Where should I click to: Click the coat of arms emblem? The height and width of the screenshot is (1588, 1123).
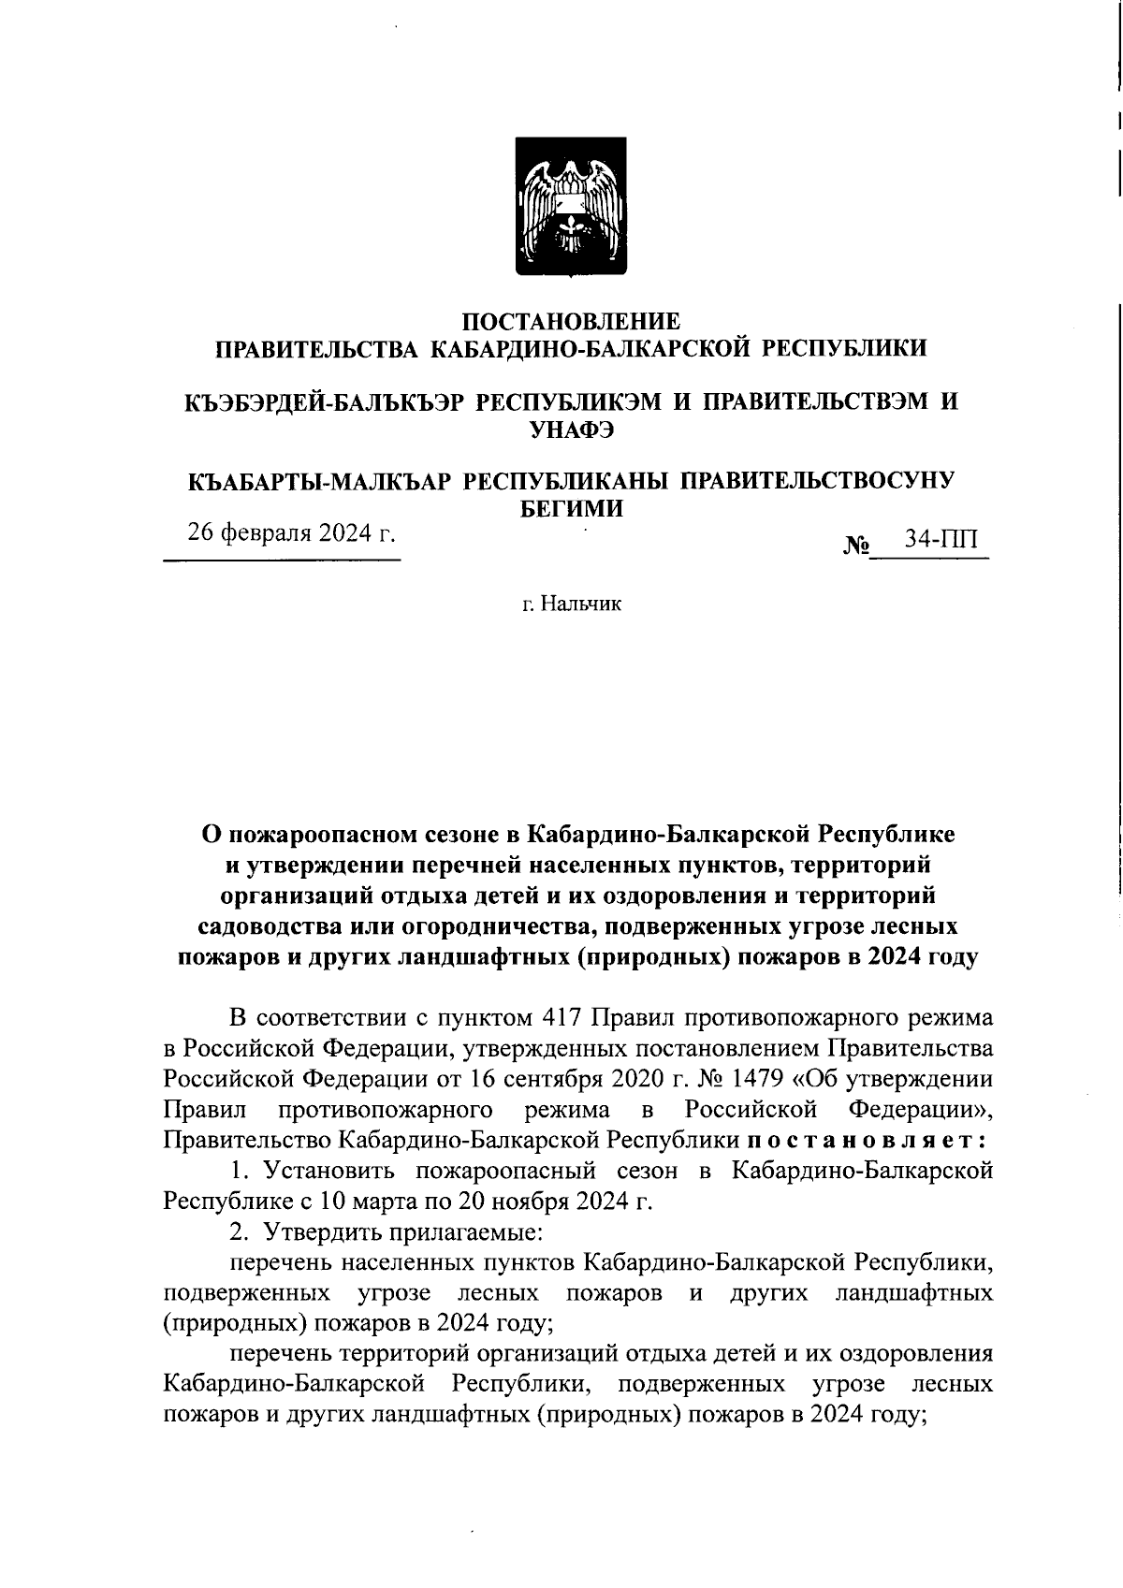pos(573,207)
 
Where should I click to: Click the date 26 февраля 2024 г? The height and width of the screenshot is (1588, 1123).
pos(291,533)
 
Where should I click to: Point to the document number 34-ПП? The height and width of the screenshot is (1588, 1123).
pos(940,540)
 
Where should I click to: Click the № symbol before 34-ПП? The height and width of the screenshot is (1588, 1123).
pos(856,545)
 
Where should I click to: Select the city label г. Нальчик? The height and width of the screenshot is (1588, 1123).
pos(571,605)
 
